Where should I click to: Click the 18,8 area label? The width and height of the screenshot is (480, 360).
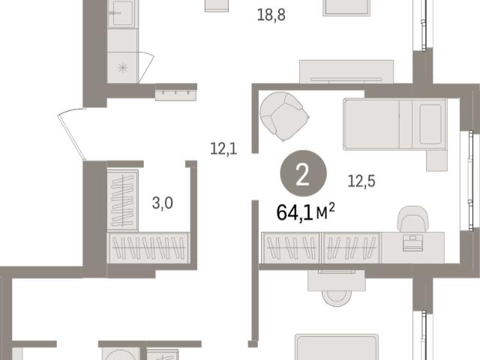pyautogui.click(x=271, y=15)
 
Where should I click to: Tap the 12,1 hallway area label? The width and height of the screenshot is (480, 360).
pyautogui.click(x=223, y=148)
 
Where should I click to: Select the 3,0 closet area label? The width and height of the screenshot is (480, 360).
pyautogui.click(x=162, y=203)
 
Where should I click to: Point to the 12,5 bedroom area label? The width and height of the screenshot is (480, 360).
pyautogui.click(x=361, y=181)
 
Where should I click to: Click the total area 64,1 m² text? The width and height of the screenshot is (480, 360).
pyautogui.click(x=305, y=212)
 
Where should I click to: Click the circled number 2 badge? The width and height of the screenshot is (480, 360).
pyautogui.click(x=303, y=173)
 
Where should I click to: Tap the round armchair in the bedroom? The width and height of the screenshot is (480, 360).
pyautogui.click(x=284, y=116)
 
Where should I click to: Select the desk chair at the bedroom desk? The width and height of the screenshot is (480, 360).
pyautogui.click(x=412, y=218)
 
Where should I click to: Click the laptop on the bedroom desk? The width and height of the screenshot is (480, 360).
pyautogui.click(x=412, y=242)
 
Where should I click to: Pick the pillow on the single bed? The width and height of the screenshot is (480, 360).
pyautogui.click(x=430, y=124)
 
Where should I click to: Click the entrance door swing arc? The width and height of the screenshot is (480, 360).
pyautogui.click(x=71, y=133)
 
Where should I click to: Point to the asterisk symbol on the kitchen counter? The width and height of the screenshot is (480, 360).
pyautogui.click(x=122, y=67)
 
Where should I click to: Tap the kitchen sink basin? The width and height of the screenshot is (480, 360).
pyautogui.click(x=122, y=13)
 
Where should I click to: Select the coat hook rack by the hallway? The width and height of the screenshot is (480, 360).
pyautogui.click(x=175, y=95)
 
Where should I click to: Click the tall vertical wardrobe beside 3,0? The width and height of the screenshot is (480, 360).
pyautogui.click(x=122, y=200)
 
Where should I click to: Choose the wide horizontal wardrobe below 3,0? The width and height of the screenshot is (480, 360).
pyautogui.click(x=148, y=248)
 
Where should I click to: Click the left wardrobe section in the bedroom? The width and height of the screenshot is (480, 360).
pyautogui.click(x=290, y=247)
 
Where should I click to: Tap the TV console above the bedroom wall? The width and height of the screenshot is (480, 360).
pyautogui.click(x=346, y=72)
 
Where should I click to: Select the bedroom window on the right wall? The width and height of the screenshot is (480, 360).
pyautogui.click(x=470, y=181)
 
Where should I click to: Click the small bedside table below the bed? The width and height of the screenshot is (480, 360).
pyautogui.click(x=436, y=160)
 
